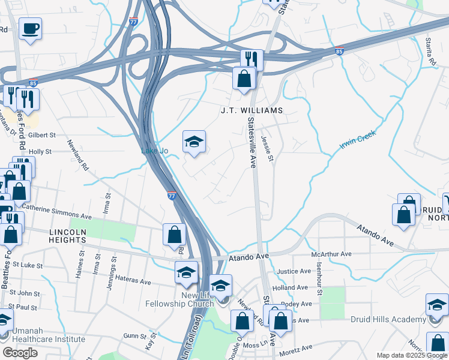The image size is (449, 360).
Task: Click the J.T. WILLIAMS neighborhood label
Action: pyautogui.click(x=251, y=111)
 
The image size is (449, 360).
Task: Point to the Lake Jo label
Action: pyautogui.click(x=154, y=151)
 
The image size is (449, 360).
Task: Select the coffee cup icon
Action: pyautogui.click(x=30, y=28)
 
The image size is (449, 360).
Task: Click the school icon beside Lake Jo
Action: pyautogui.click(x=194, y=143)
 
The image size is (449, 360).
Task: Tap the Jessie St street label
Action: pyautogui.click(x=268, y=149)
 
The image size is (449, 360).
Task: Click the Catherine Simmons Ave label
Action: pyautogui.click(x=56, y=212)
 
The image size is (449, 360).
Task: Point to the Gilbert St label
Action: pyautogui.click(x=42, y=136)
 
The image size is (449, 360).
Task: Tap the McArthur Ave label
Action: pyautogui.click(x=331, y=254)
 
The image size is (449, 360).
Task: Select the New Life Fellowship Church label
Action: pyautogui.click(x=181, y=300)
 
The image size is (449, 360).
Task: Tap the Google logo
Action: pyautogui.click(x=20, y=353)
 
